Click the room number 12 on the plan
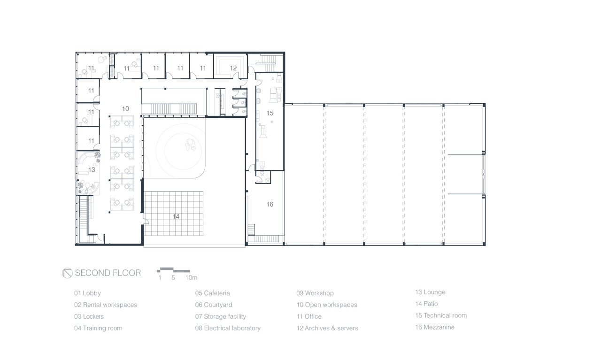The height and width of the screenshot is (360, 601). click(x=233, y=68)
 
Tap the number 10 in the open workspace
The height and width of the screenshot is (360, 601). click(x=125, y=108)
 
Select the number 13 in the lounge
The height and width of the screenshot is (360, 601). click(x=92, y=169)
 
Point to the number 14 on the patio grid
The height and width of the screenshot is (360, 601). click(x=176, y=216)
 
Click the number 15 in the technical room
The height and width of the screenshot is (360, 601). click(x=270, y=113)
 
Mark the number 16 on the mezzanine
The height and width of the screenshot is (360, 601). click(x=270, y=205)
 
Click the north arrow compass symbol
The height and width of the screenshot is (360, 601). click(x=67, y=273)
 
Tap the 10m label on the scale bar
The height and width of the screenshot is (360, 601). click(x=191, y=278)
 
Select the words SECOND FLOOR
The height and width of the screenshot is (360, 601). click(x=108, y=273)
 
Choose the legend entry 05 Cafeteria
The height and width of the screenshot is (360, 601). click(x=213, y=293)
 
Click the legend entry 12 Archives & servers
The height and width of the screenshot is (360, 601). click(x=327, y=328)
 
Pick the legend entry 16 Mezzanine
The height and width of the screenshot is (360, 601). click(x=435, y=327)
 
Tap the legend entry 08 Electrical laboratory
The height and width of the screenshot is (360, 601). click(x=228, y=328)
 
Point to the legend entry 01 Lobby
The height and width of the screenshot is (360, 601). click(x=87, y=293)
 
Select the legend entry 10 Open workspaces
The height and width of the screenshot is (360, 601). click(x=327, y=305)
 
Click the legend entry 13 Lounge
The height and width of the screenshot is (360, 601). click(x=431, y=292)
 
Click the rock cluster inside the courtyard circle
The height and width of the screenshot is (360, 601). click(x=191, y=145)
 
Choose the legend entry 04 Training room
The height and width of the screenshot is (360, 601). click(x=98, y=328)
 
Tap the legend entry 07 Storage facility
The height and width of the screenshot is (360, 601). click(x=221, y=316)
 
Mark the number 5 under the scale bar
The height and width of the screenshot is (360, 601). click(x=173, y=278)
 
